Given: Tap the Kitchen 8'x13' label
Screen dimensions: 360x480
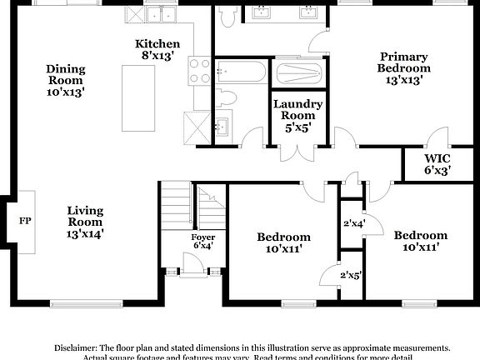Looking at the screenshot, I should (157, 49).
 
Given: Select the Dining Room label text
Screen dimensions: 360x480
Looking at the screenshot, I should (66, 81).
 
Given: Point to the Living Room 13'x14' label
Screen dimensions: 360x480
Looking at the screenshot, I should (85, 222).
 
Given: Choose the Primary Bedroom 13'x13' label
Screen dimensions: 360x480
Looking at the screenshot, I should (403, 68).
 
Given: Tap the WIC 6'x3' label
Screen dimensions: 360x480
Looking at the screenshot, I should (437, 163).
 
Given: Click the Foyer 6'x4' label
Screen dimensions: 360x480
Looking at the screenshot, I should (203, 242).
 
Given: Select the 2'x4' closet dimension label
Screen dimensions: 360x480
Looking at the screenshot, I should (354, 222).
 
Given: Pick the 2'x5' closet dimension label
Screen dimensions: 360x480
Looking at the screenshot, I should (350, 274).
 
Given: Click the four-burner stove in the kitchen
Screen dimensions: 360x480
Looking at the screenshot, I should (198, 70).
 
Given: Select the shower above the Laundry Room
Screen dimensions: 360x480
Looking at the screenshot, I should (297, 72).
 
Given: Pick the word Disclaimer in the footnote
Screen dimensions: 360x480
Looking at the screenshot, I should (75, 347).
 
